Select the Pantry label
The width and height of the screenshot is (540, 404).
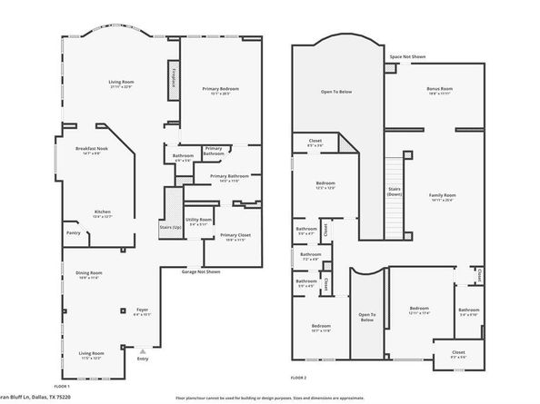point(73,232)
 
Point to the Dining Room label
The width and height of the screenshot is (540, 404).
point(89,273)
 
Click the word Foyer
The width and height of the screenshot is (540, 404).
point(142,310)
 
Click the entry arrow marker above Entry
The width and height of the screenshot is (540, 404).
point(141,349)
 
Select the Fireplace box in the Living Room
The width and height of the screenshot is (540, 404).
point(172,75)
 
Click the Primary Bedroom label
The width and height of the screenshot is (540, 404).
point(220,88)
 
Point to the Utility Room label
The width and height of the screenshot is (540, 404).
point(200,219)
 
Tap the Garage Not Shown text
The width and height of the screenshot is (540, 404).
point(201,271)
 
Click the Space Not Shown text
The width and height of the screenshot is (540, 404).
point(407,56)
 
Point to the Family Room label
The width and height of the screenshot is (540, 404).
point(443,195)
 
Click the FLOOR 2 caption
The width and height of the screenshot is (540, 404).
point(298,377)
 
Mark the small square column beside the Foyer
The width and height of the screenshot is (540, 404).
point(122,310)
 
